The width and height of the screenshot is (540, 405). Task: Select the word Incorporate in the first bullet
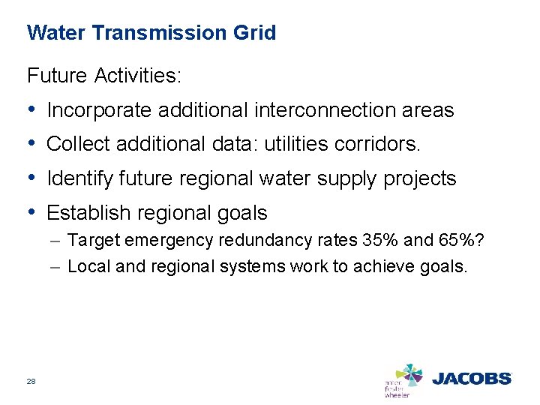click(98, 111)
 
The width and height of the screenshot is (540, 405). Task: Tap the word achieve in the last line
click(393, 266)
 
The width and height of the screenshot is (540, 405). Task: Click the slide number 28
click(31, 382)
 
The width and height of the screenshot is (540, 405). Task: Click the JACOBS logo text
click(472, 379)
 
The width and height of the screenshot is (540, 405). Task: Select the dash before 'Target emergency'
click(57, 241)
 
